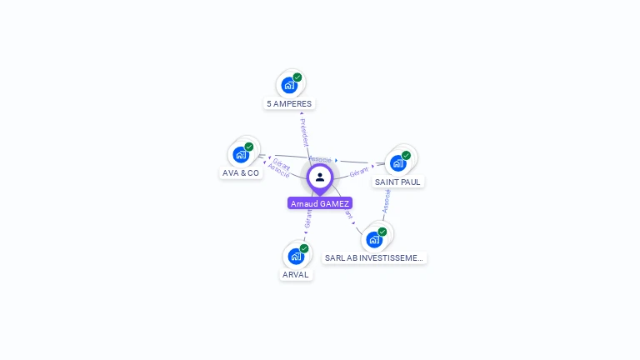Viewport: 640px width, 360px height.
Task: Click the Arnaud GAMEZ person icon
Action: [x=320, y=177]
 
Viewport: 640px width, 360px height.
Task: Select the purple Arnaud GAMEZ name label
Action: [x=320, y=203]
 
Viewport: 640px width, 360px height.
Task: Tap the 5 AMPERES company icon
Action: [x=289, y=84]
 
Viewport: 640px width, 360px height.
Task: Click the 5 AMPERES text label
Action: [x=289, y=104]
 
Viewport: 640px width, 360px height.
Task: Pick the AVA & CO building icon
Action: [x=241, y=154]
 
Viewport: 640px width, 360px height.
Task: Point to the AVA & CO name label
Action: [x=241, y=173]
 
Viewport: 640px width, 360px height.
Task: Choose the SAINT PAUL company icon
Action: [x=398, y=162]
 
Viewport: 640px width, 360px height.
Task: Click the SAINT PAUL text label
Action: [x=397, y=182]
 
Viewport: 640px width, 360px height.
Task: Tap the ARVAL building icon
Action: [x=296, y=256]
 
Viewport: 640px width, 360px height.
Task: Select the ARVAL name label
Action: [x=296, y=275]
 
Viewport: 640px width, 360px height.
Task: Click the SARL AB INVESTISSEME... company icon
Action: [x=374, y=239]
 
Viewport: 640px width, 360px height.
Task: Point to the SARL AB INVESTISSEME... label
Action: [x=374, y=258]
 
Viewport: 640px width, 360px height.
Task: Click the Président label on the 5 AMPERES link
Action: [x=304, y=132]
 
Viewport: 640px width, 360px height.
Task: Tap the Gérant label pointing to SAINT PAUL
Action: [x=359, y=172]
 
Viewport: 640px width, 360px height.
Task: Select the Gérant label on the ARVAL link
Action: [x=307, y=219]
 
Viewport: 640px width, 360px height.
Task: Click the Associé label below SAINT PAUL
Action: [x=386, y=201]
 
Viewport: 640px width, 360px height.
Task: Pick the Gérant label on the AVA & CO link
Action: [x=282, y=164]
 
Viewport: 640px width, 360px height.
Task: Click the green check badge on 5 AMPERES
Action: [x=297, y=77]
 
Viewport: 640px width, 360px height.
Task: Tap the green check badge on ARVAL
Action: [x=304, y=248]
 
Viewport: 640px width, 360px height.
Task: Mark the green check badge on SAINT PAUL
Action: [x=406, y=155]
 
